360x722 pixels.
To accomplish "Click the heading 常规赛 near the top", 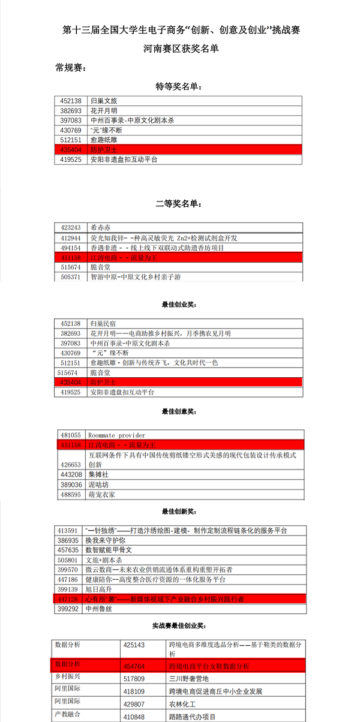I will (71, 68).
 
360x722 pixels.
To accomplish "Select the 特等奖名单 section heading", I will (179, 87).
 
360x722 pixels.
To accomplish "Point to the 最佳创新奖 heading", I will (179, 512).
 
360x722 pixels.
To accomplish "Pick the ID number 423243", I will (71, 228).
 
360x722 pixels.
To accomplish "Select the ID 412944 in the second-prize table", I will (71, 238).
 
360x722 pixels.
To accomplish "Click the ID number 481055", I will (71, 435).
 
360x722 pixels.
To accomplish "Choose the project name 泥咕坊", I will (100, 484).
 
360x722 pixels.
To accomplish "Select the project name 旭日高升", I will (100, 589).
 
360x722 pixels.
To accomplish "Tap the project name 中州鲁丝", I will (100, 609).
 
